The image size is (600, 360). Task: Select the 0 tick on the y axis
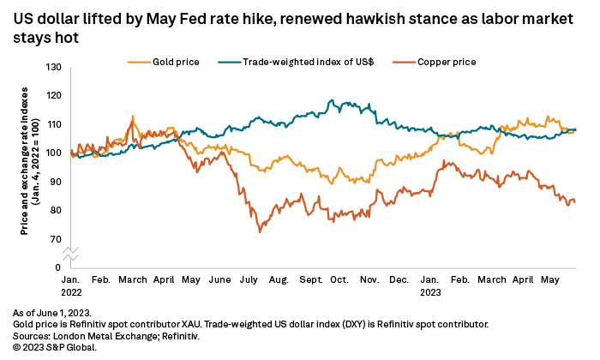pos(57,267)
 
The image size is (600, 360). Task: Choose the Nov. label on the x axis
pos(369,279)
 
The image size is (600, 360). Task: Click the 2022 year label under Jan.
pos(71,291)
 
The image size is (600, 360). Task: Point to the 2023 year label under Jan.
pos(431,291)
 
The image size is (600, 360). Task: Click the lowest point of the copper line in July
pos(259,232)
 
